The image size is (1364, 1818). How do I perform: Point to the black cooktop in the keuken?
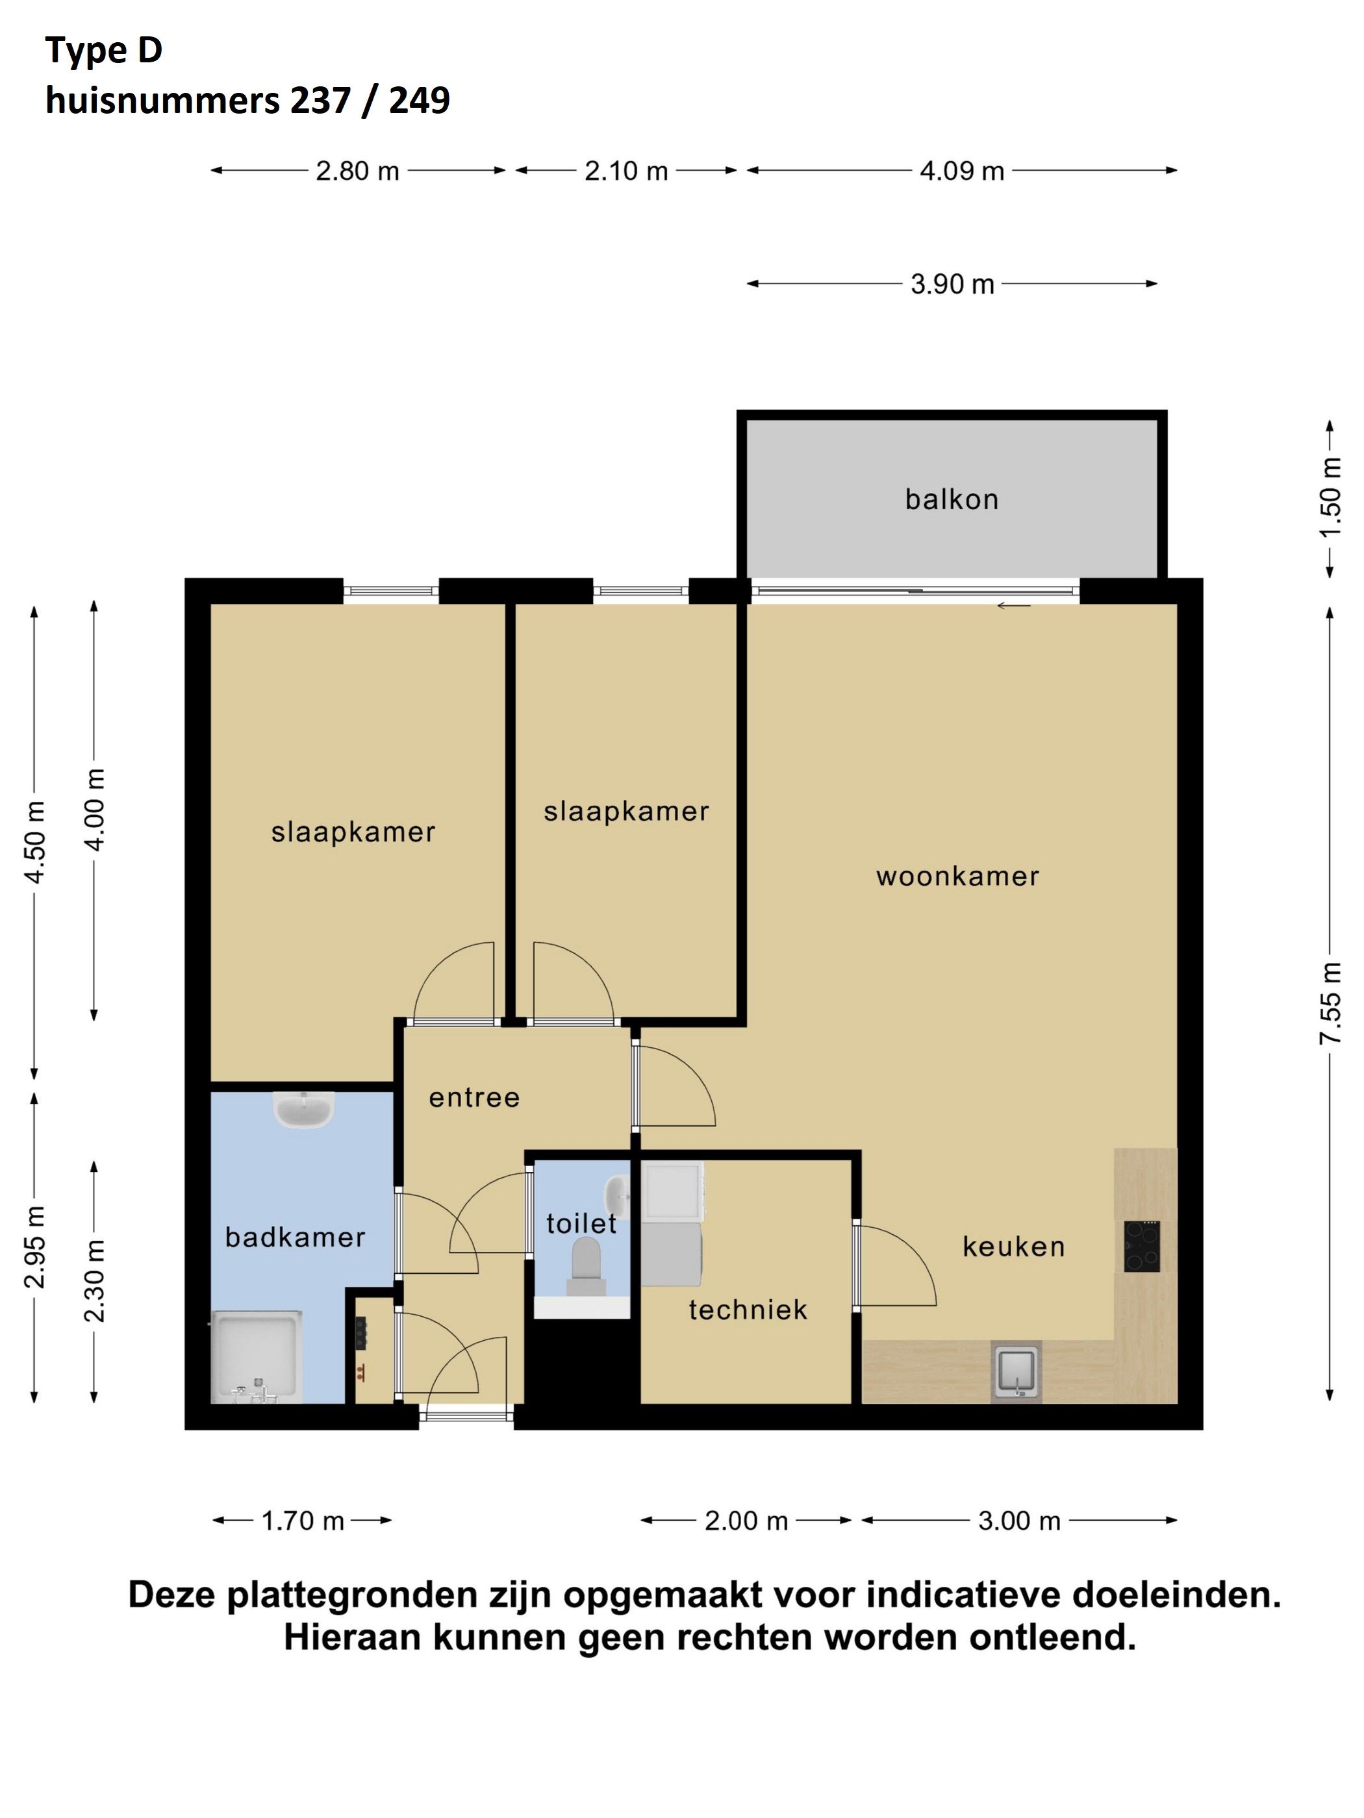pos(1142,1246)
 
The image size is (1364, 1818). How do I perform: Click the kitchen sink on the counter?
pos(1017,1371)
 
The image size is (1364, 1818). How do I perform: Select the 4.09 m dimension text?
pos(961,171)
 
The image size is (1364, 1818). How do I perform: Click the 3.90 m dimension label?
pos(952,284)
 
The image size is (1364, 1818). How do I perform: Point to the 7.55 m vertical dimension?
pos(1330,1002)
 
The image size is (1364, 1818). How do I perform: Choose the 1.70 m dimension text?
pos(303,1521)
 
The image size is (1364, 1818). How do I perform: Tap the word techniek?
pos(748,1309)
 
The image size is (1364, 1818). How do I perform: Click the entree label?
pos(474,1097)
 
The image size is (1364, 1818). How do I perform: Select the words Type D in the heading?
pos(103,51)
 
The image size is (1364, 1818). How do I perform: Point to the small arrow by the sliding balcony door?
pos(1013,606)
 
